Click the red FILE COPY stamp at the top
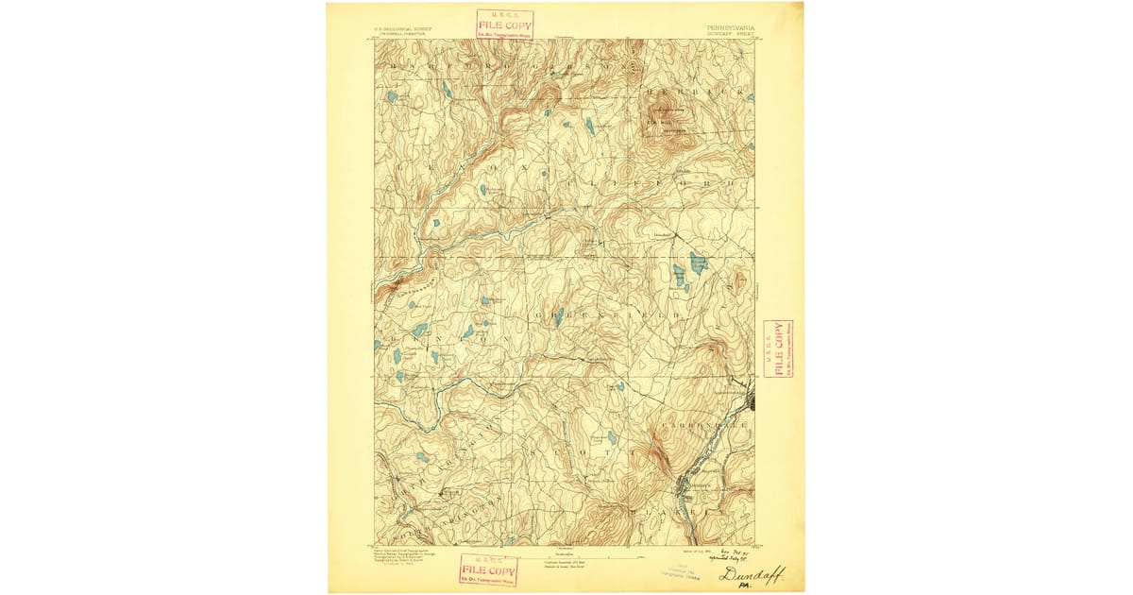(504, 24)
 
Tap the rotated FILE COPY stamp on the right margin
(778, 348)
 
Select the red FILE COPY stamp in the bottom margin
(487, 569)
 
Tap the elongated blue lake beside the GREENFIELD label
(559, 317)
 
